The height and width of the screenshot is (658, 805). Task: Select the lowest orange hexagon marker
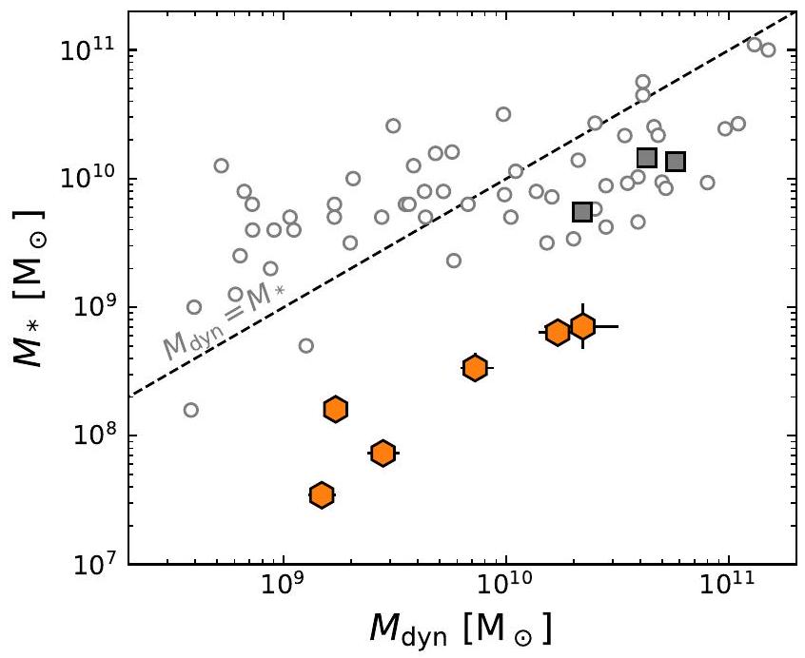[322, 494]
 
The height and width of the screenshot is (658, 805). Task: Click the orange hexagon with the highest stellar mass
[582, 326]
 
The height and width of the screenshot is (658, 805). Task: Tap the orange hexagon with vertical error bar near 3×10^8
[475, 367]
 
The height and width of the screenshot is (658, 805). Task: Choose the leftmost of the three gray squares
[582, 212]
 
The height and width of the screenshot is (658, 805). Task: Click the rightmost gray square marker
[676, 162]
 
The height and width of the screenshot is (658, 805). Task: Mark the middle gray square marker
[646, 158]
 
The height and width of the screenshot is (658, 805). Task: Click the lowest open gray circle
[190, 410]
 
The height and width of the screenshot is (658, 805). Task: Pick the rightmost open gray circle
[768, 49]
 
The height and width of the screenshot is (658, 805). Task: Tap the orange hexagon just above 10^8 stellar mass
[335, 409]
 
